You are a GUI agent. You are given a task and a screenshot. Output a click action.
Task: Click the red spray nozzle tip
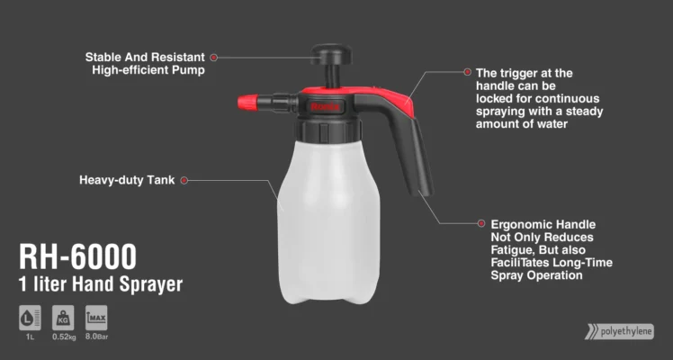tap(248, 103)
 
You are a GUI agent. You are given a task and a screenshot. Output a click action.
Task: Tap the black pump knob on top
tap(331, 52)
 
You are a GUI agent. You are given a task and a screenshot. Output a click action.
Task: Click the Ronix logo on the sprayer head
tap(326, 106)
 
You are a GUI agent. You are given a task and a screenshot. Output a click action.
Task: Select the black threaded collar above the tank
tap(328, 130)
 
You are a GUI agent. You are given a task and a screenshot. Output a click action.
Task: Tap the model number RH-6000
tap(77, 257)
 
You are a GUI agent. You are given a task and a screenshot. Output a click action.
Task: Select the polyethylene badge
tap(620, 332)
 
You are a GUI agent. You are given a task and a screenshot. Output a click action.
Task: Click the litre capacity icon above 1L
tap(30, 318)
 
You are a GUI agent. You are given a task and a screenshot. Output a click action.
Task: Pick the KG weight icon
tap(63, 318)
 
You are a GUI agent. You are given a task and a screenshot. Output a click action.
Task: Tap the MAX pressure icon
tap(96, 318)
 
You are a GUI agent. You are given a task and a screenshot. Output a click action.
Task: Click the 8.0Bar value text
tap(96, 337)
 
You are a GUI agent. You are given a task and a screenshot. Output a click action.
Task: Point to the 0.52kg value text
tap(64, 337)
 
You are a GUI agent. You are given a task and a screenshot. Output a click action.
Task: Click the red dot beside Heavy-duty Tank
tap(184, 181)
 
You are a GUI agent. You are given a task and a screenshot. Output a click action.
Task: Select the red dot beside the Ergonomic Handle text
tap(481, 223)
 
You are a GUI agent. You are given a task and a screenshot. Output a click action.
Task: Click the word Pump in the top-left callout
tap(188, 70)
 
